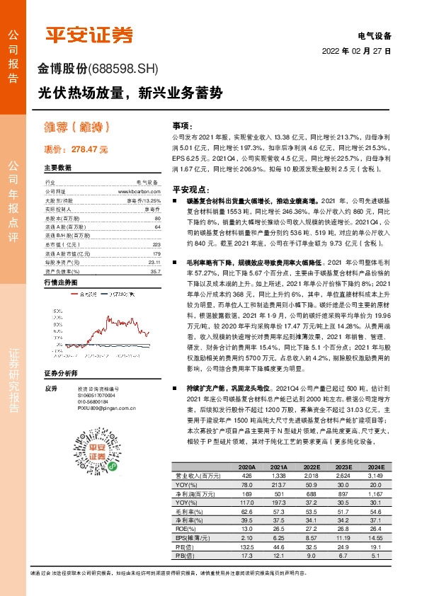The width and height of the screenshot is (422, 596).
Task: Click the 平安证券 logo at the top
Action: click(89, 33)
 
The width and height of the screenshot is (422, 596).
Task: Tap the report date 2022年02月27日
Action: click(357, 51)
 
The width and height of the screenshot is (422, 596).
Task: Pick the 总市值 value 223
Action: click(157, 244)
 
